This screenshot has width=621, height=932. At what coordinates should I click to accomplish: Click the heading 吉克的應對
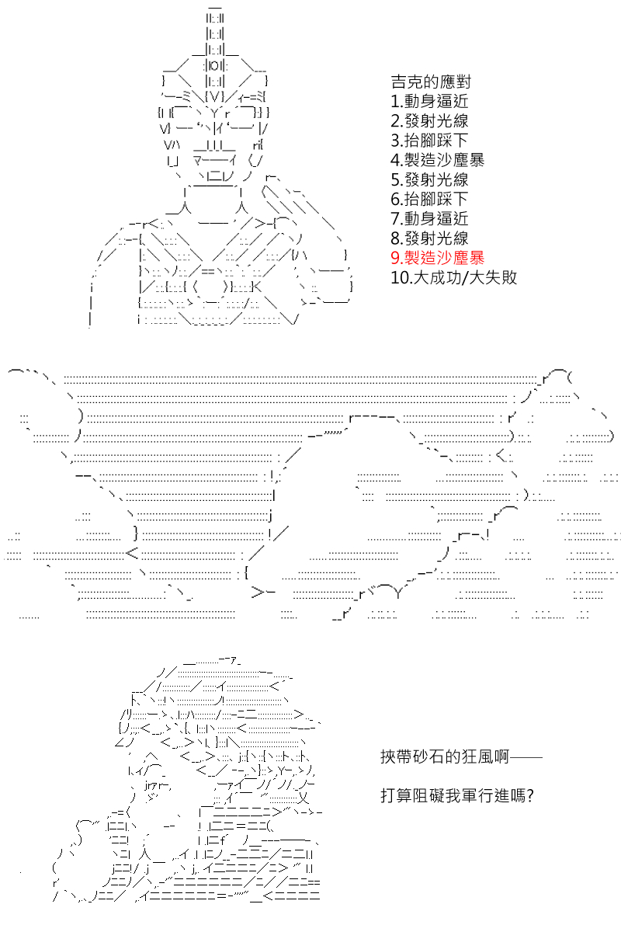[431, 82]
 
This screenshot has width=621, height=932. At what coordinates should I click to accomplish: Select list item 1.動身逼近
[430, 101]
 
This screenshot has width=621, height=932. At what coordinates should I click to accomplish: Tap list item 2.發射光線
[430, 120]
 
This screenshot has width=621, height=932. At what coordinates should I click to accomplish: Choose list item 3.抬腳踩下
[430, 141]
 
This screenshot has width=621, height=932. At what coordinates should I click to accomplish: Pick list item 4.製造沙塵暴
[438, 160]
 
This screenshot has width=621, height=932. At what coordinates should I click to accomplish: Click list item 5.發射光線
[430, 179]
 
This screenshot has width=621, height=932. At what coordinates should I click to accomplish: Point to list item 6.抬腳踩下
[430, 199]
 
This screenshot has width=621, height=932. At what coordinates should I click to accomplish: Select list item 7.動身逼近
[430, 218]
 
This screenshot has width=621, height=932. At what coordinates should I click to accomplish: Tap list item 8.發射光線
[430, 238]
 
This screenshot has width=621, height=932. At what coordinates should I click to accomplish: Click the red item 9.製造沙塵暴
[438, 258]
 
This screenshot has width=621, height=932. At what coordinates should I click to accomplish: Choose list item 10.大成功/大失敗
[454, 277]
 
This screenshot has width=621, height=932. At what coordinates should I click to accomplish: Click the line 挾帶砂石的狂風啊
[445, 756]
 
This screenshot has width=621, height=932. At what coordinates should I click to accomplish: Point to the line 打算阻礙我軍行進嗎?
[457, 795]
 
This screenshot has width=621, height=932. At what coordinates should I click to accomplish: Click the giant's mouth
[214, 159]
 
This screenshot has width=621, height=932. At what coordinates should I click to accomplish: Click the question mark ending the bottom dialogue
[530, 796]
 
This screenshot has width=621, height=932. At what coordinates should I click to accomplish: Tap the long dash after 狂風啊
[526, 757]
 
